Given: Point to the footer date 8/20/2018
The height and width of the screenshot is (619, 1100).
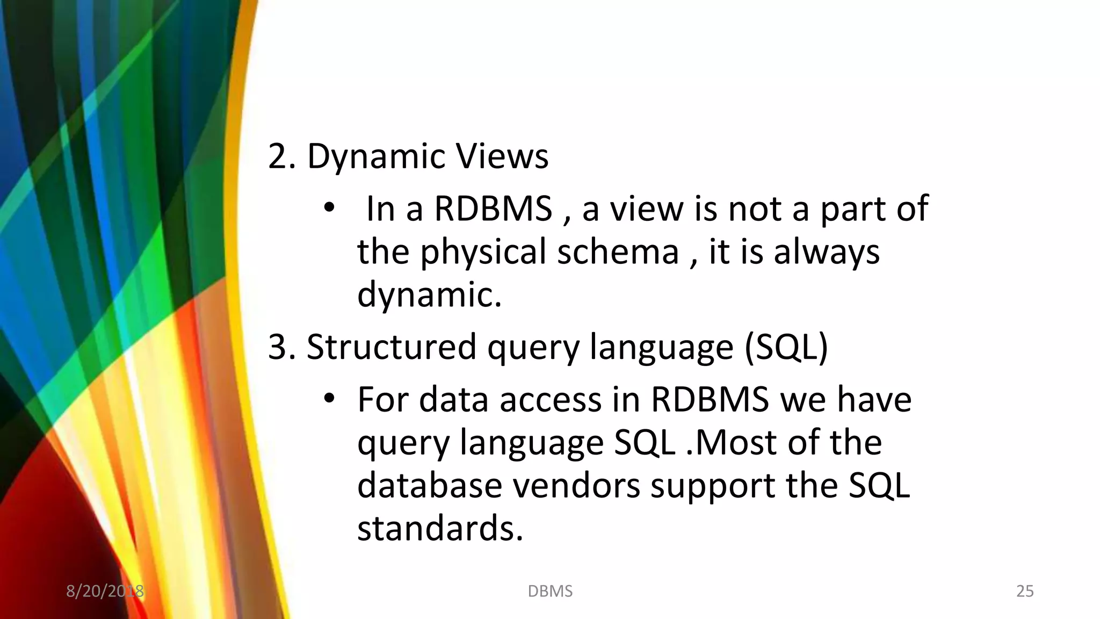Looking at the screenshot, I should point(105,591).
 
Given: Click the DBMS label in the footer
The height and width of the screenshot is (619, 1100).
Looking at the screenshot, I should point(550,591).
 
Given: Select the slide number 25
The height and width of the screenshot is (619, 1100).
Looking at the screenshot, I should point(1025,591).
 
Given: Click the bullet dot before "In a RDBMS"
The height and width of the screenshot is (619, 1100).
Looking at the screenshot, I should point(329,208).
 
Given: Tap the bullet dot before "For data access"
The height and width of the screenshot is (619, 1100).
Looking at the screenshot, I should point(329,399).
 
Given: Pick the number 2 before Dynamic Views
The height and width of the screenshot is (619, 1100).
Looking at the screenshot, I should point(278,157).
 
